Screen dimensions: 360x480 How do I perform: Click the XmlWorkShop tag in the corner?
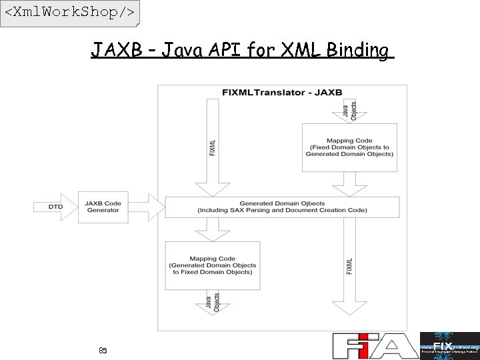point(69,13)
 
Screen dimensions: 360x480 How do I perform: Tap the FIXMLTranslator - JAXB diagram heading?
point(282,92)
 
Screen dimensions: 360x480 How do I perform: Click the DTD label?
point(56,207)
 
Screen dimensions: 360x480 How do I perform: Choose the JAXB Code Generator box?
point(103,207)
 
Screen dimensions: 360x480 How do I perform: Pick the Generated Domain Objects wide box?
point(282,207)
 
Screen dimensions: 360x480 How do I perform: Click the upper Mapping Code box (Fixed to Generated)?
point(349,147)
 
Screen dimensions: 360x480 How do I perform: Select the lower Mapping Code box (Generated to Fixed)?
point(212,265)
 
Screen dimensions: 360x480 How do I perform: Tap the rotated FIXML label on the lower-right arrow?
point(349,265)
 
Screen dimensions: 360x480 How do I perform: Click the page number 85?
point(103,350)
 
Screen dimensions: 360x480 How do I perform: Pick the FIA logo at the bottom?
point(375,346)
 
